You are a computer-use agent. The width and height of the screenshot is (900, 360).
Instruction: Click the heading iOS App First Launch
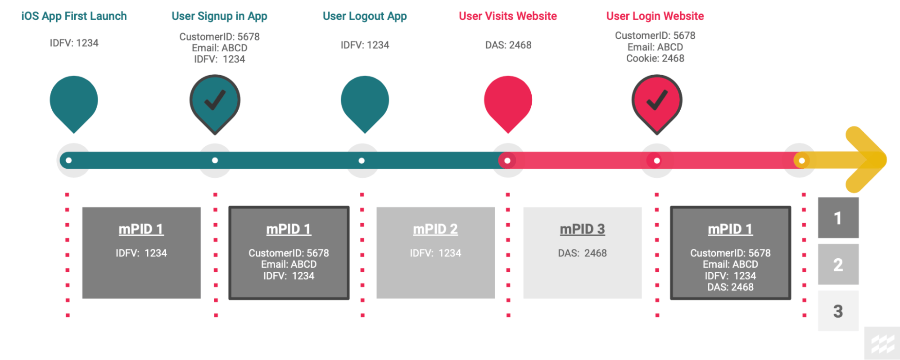pyautogui.click(x=74, y=16)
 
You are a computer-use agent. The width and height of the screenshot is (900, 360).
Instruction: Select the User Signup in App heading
pyautogui.click(x=219, y=16)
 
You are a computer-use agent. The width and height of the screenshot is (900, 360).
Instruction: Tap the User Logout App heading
pyautogui.click(x=365, y=16)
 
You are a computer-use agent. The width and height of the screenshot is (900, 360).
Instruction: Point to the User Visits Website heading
pyautogui.click(x=508, y=16)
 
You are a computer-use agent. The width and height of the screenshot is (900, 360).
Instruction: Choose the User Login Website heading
pyautogui.click(x=655, y=16)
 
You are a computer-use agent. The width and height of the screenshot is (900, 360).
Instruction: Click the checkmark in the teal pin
pyautogui.click(x=215, y=100)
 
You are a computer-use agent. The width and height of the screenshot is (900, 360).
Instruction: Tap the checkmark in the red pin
pyautogui.click(x=657, y=100)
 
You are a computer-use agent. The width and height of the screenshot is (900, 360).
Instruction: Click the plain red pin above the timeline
pyautogui.click(x=508, y=101)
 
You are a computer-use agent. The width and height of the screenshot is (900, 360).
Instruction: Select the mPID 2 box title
pyautogui.click(x=435, y=229)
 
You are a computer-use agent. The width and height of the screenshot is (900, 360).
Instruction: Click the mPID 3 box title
pyautogui.click(x=582, y=229)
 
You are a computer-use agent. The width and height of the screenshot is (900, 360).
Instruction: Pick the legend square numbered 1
pyautogui.click(x=838, y=218)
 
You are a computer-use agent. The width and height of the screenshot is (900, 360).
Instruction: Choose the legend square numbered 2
pyautogui.click(x=838, y=265)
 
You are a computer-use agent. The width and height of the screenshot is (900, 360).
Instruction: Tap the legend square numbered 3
pyautogui.click(x=838, y=311)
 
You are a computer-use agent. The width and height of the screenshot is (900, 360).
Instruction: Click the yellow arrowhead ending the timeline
pyautogui.click(x=867, y=160)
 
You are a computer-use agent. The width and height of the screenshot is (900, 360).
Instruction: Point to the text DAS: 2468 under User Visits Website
pyautogui.click(x=508, y=45)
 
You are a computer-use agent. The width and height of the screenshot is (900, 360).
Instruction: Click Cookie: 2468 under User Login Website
pyautogui.click(x=655, y=58)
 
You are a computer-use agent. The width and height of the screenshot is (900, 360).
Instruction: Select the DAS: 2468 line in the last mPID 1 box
pyautogui.click(x=730, y=287)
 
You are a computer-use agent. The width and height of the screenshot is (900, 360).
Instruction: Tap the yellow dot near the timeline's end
pyautogui.click(x=802, y=160)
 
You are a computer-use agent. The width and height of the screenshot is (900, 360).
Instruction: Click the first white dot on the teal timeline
pyautogui.click(x=68, y=160)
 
